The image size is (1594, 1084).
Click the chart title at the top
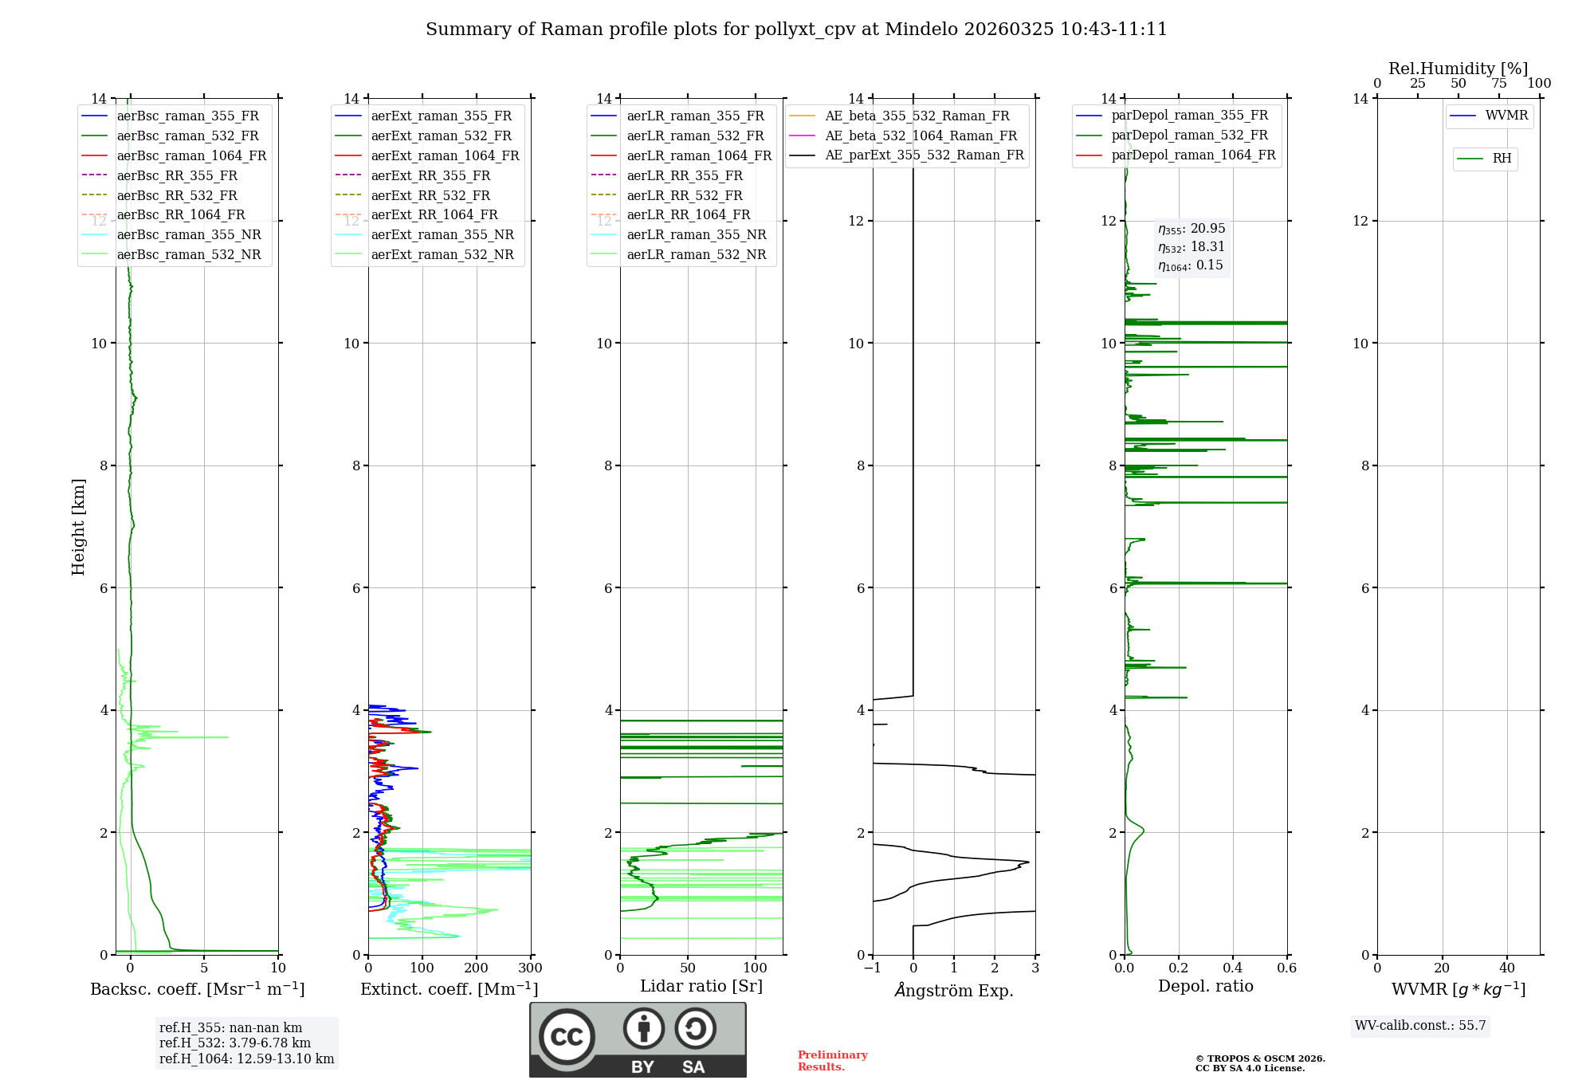[x=796, y=29]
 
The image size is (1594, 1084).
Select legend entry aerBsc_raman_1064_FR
[x=191, y=155]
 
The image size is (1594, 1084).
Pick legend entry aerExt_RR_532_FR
[x=430, y=195]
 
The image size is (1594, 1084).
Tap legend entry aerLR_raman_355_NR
[x=696, y=234]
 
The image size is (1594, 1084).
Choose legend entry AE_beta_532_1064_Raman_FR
[x=921, y=135]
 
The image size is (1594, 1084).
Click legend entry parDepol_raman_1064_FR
[x=1193, y=155]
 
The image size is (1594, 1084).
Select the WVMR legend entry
[x=1506, y=116]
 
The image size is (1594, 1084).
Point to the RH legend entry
[x=1502, y=159]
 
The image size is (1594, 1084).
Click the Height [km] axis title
[x=78, y=526]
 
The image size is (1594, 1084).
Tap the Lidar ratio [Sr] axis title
[x=701, y=986]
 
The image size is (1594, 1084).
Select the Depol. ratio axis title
[x=1205, y=986]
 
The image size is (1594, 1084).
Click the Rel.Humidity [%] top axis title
[x=1458, y=69]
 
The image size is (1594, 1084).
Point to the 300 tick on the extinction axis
[x=530, y=968]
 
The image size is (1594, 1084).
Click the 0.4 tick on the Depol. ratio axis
[x=1232, y=968]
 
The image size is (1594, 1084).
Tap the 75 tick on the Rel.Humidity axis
[x=1498, y=84]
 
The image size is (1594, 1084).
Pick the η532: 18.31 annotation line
[x=1192, y=247]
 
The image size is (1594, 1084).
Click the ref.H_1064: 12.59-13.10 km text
[x=246, y=1058]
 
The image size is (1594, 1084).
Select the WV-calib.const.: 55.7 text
[x=1420, y=1025]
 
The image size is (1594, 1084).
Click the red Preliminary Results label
[x=832, y=1060]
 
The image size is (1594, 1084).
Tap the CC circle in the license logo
[x=567, y=1036]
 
